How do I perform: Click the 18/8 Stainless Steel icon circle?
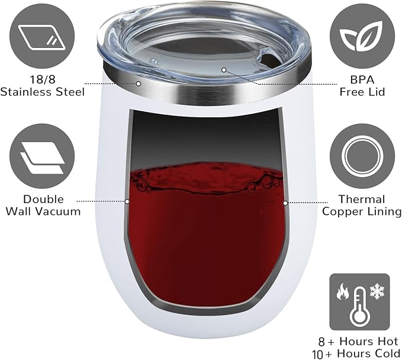coord(42,38)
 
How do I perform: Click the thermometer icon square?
coord(360,301)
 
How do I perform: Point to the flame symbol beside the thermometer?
coord(343,292)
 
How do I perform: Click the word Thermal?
coord(362,200)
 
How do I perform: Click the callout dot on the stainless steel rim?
coord(138,84)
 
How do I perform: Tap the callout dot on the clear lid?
coord(224,69)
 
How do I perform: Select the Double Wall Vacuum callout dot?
coord(127,201)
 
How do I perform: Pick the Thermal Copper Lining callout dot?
coord(285,202)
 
